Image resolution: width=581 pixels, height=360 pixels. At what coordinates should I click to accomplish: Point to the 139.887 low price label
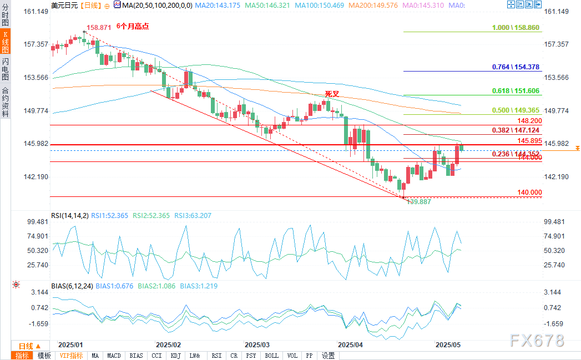coord(420,202)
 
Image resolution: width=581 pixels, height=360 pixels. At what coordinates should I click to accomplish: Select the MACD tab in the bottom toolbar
coord(114,356)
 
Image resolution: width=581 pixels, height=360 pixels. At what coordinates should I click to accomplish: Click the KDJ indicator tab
coord(176,356)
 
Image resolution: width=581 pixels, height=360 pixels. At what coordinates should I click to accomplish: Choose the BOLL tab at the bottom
coord(271,356)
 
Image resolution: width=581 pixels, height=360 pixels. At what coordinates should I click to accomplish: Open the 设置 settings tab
coord(328,356)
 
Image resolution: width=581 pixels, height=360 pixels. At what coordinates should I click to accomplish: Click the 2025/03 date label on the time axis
coord(256,344)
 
